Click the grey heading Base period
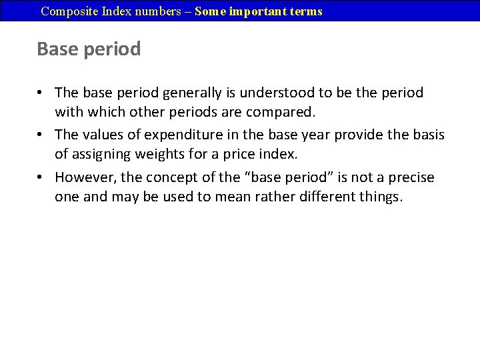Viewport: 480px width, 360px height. pyautogui.click(x=89, y=49)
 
